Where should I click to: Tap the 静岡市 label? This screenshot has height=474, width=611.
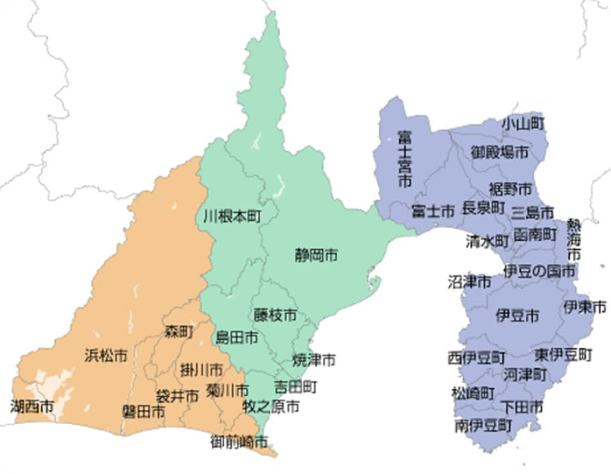point(316,255)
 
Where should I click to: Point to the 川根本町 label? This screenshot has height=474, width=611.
point(232,216)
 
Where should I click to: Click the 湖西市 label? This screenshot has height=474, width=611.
point(32,407)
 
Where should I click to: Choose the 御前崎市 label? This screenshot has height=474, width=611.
point(239,439)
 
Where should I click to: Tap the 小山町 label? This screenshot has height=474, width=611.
point(522,123)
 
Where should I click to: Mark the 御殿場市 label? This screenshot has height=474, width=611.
point(500,153)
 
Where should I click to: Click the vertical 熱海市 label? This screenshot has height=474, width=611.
point(574,239)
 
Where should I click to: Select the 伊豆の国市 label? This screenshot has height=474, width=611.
point(539,270)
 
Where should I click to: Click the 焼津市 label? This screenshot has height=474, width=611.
point(314,360)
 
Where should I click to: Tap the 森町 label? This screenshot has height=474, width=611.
point(179,332)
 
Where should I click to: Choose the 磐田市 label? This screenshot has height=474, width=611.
point(143,411)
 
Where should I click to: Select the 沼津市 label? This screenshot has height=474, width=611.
point(469,282)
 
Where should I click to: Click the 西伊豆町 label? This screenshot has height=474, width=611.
point(477,357)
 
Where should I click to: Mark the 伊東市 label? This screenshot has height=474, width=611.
point(585,306)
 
